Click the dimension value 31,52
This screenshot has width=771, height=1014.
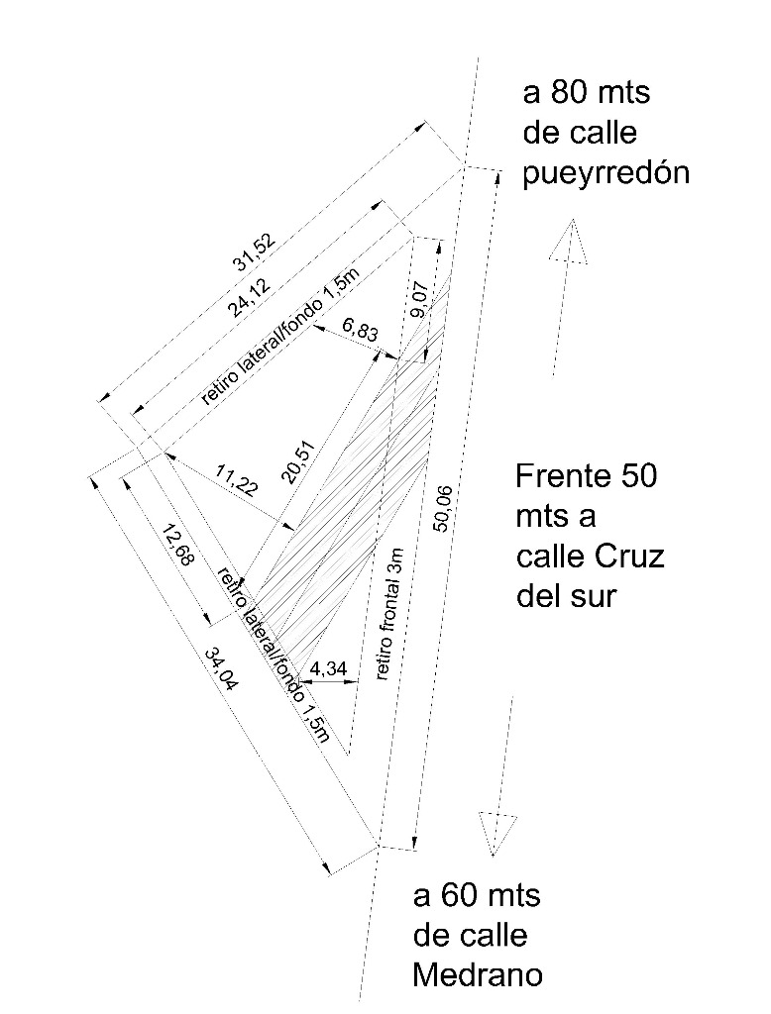click(x=255, y=251)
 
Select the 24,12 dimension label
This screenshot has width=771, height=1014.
click(x=249, y=297)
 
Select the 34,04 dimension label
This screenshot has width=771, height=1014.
click(x=221, y=669)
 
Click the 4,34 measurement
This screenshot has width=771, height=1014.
click(x=328, y=668)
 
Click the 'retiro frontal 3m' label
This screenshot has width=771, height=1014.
click(x=389, y=614)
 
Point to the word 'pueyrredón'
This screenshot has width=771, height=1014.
click(x=606, y=174)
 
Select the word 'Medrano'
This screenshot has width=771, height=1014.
click(x=478, y=975)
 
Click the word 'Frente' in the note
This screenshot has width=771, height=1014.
click(x=561, y=476)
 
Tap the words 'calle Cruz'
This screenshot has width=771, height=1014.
click(x=591, y=557)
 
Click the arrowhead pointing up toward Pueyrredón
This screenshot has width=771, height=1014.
click(x=569, y=242)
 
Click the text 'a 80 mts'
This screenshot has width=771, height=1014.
click(x=587, y=93)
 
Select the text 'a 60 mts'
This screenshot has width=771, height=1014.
click(x=477, y=896)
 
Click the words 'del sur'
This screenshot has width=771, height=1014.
click(x=565, y=597)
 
